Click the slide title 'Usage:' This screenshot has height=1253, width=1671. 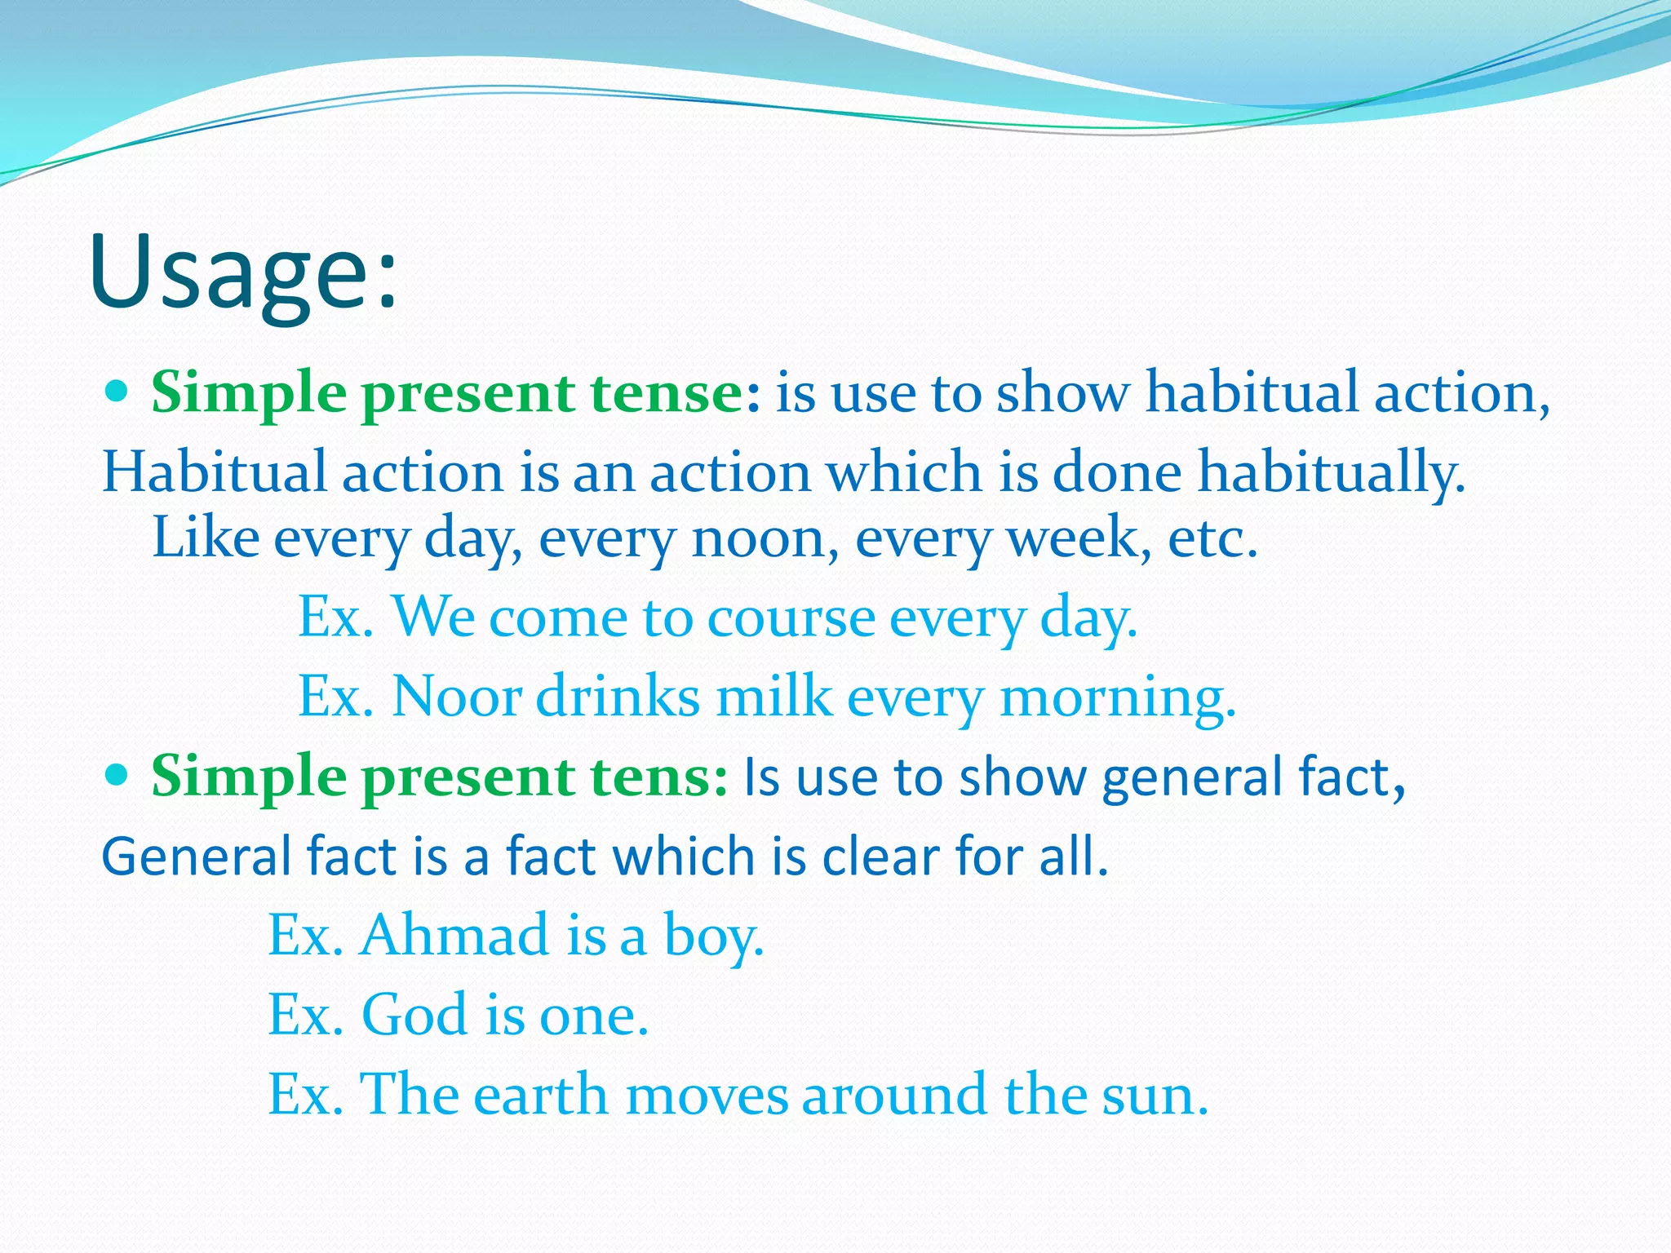coord(243,273)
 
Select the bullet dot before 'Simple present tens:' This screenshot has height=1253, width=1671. coord(117,775)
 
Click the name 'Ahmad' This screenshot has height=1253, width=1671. coord(454,935)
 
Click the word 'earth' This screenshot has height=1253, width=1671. coord(540,1095)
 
